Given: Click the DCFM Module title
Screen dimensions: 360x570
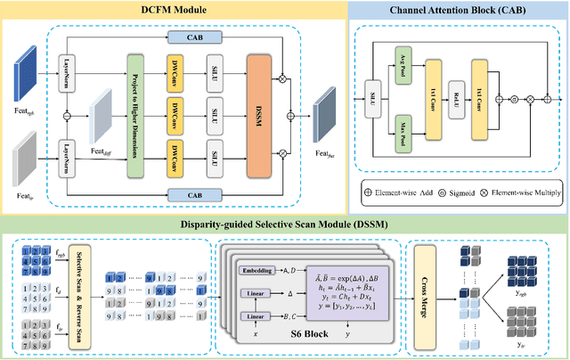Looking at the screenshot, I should [175, 10].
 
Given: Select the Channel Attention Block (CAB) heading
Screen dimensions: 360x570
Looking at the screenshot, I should [457, 10].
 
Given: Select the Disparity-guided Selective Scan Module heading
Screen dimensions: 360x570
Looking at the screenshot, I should [285, 221].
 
